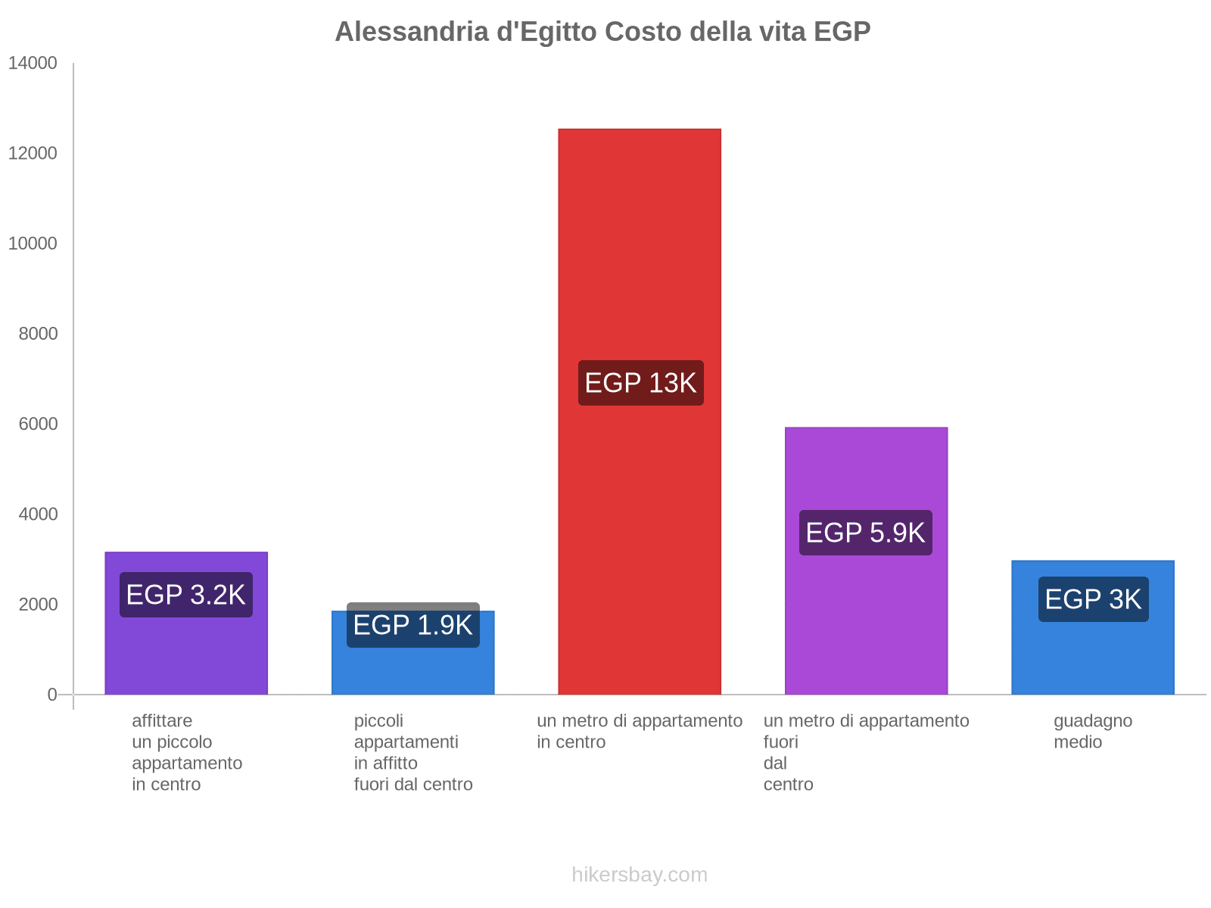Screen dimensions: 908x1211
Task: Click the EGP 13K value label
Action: pos(640,383)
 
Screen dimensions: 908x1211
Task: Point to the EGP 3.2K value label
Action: pos(186,595)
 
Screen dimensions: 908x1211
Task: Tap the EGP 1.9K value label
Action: pos(412,625)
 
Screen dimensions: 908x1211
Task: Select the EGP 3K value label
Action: pos(1093,599)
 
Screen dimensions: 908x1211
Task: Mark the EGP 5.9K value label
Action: pos(865,533)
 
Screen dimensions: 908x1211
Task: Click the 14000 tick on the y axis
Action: pos(33,64)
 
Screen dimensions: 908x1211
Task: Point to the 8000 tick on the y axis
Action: pos(38,334)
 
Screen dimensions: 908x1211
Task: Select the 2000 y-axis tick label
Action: pos(38,605)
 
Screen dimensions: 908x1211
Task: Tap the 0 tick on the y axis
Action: pos(52,695)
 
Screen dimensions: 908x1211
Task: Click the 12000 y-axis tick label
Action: pos(33,154)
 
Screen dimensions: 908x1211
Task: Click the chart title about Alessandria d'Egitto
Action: pos(602,32)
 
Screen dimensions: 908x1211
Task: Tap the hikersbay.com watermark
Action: pos(640,875)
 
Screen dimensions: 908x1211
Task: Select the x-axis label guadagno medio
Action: pos(1092,731)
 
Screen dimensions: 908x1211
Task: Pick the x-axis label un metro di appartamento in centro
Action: pos(640,731)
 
